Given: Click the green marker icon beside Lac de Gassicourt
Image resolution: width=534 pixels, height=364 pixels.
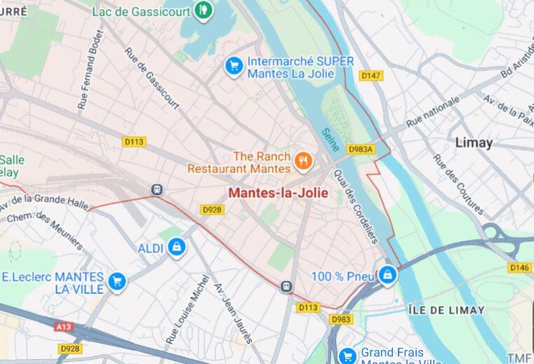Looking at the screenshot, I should (x=203, y=10).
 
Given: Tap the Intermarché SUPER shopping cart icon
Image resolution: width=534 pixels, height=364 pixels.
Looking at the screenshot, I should (x=233, y=66).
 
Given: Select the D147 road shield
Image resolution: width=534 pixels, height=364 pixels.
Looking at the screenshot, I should (x=371, y=75).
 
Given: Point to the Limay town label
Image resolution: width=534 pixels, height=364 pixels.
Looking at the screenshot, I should (x=474, y=142).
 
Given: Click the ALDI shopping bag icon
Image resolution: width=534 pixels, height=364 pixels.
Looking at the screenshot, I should (x=177, y=248).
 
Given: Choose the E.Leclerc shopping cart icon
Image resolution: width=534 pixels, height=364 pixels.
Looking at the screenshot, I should (x=116, y=282).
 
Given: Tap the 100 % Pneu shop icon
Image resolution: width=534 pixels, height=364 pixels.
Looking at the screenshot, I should (x=387, y=276).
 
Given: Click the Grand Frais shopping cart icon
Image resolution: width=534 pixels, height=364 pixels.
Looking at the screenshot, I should (x=347, y=356).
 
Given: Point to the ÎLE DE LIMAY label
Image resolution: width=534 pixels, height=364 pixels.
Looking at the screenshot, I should (x=446, y=310).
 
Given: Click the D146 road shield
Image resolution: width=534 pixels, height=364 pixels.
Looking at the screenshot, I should (x=519, y=267).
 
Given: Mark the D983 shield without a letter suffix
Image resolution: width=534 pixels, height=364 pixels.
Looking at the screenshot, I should (x=342, y=320).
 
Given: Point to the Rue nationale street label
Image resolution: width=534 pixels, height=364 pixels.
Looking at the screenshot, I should (x=433, y=112).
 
